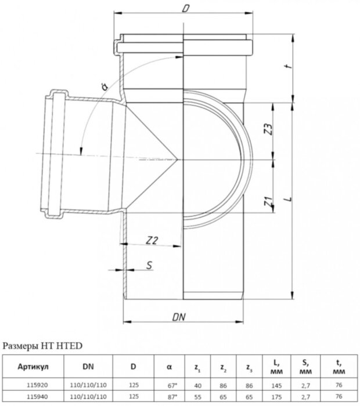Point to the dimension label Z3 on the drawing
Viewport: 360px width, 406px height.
tap(268, 130)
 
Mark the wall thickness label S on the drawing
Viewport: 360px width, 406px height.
tap(150, 266)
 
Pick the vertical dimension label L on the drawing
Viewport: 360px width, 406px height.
tap(289, 199)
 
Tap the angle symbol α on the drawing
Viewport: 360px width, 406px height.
tap(104, 87)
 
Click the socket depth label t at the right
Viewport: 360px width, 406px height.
tap(288, 68)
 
